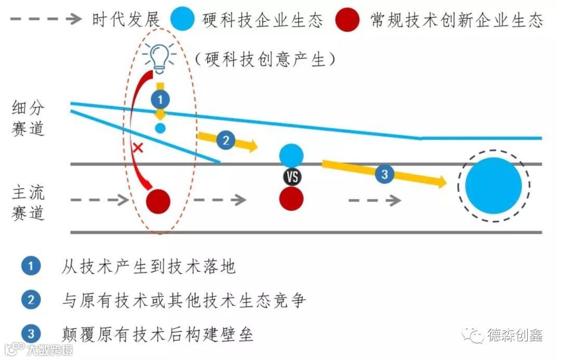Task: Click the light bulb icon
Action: pos(160,56)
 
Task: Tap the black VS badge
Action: pos(292,177)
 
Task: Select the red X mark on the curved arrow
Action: pos(138,148)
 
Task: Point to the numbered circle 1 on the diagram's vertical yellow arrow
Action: pos(160,98)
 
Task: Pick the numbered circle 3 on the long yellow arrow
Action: pos(384,174)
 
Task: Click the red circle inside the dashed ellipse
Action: pos(158,201)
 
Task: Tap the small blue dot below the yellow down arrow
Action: pos(160,128)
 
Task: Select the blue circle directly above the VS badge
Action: pos(291,155)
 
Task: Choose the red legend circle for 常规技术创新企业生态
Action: pos(346,20)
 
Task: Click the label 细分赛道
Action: pos(29,119)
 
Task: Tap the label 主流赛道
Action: pos(29,203)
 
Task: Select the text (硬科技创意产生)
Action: pos(264,60)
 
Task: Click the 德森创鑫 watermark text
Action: pos(515,335)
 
